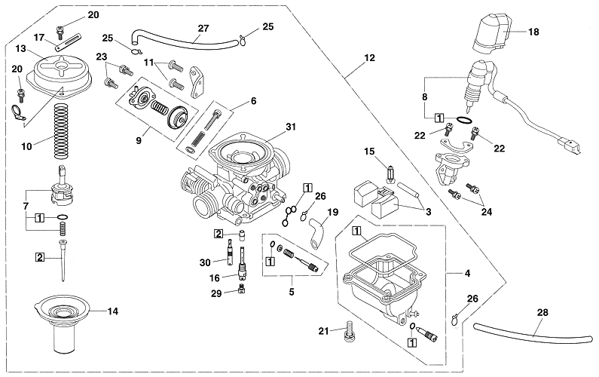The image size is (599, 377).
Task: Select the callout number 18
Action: [x=533, y=32]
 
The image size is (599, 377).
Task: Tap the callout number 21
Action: [x=323, y=329]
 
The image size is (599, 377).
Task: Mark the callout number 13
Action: [x=20, y=49]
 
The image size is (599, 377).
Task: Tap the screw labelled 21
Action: [x=348, y=329]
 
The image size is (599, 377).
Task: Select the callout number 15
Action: [x=369, y=152]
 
